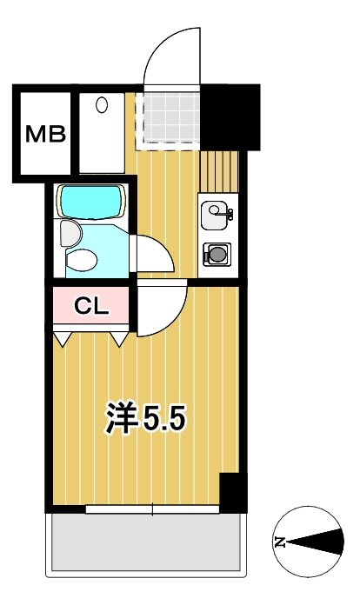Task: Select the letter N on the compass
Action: [x=281, y=543]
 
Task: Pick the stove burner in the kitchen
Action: [x=216, y=254]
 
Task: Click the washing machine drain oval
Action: [x=102, y=107]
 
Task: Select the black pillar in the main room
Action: [x=230, y=494]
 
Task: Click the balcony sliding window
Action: [x=152, y=509]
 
